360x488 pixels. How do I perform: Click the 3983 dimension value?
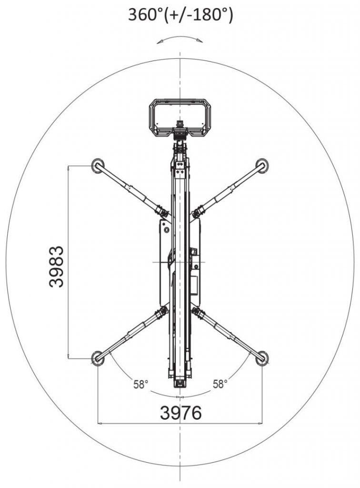(57, 267)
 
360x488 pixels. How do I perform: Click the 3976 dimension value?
(180, 413)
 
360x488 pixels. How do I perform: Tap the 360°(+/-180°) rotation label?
(180, 15)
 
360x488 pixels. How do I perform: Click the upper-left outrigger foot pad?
(98, 165)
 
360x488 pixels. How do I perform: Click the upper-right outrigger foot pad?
(262, 165)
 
